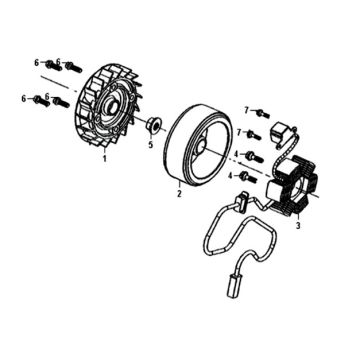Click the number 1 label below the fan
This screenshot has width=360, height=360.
pos(105,159)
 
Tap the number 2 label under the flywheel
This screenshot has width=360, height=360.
pos(179,193)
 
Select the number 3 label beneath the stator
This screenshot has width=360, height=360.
pos(298,225)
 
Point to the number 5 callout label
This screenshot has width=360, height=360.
pos(151,145)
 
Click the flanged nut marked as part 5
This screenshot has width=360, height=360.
pos(154,126)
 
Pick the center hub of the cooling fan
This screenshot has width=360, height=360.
pos(111,107)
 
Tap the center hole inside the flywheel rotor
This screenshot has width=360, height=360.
pos(201,147)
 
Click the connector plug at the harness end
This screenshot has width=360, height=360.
pos(231,286)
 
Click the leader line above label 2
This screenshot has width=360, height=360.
pos(179,186)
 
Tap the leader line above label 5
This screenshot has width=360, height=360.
pos(151,137)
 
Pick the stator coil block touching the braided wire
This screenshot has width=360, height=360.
pos(287,167)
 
